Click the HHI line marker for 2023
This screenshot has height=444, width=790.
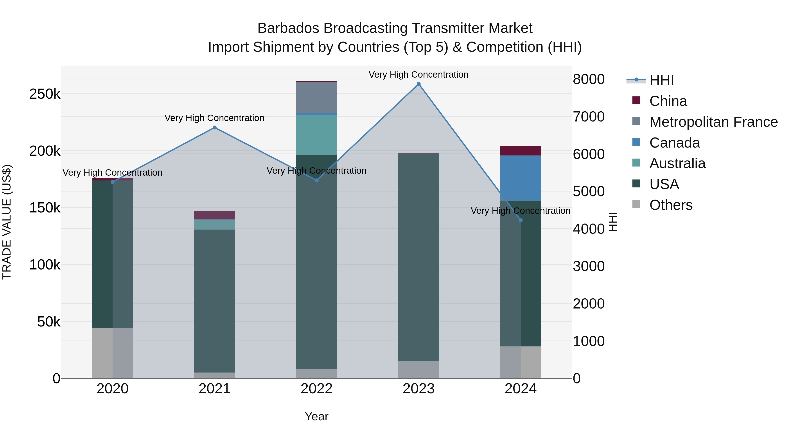click(x=419, y=84)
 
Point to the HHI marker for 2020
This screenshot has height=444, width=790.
click(x=113, y=182)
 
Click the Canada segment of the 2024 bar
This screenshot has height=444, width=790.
click(x=521, y=178)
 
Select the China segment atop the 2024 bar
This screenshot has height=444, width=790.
click(x=521, y=151)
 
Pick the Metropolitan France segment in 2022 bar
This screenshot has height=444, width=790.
click(x=316, y=98)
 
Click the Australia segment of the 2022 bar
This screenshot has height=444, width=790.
click(x=316, y=135)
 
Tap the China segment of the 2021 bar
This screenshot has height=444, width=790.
click(x=215, y=215)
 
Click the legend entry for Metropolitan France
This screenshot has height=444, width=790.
click(x=713, y=122)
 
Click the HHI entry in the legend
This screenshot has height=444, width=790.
click(x=661, y=80)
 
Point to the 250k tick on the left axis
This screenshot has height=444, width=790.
click(x=45, y=94)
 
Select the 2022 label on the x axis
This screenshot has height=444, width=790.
click(x=316, y=389)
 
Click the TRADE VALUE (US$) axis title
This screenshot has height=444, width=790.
click(x=7, y=222)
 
